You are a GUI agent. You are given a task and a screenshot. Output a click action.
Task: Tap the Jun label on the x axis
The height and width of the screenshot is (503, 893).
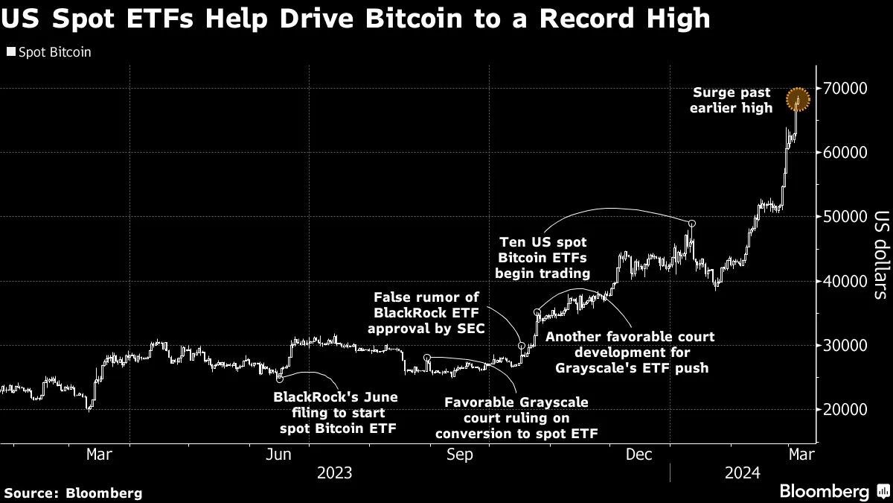point(278,454)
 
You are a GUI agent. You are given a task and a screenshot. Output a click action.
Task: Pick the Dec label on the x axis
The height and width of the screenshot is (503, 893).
point(640,454)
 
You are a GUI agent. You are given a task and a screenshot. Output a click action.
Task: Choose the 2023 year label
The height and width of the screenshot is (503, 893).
point(335,473)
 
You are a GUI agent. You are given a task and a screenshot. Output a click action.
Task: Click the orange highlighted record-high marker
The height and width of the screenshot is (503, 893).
point(798,98)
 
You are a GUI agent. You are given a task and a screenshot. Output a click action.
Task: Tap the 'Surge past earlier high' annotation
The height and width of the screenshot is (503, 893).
point(732,101)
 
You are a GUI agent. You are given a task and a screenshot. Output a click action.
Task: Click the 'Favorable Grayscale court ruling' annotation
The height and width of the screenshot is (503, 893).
point(516,418)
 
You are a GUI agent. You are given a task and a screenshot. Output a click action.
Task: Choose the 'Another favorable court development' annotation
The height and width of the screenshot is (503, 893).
point(630,352)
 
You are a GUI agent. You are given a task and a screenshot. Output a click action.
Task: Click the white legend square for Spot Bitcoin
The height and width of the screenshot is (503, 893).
point(10,53)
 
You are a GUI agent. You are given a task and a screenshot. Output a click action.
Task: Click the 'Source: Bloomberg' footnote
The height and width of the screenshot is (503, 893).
point(73,493)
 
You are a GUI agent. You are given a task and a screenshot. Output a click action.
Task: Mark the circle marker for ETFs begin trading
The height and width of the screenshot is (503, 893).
point(692,224)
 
